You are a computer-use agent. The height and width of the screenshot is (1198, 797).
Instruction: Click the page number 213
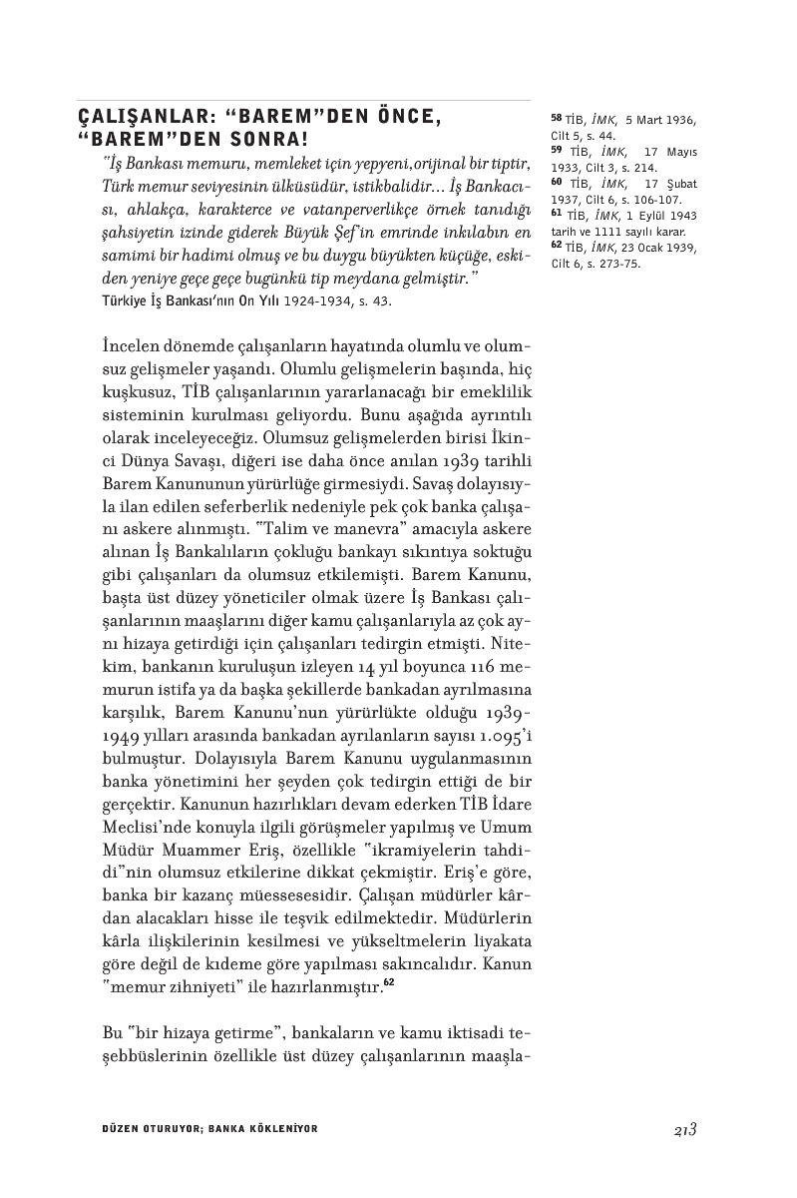pyautogui.click(x=684, y=1129)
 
